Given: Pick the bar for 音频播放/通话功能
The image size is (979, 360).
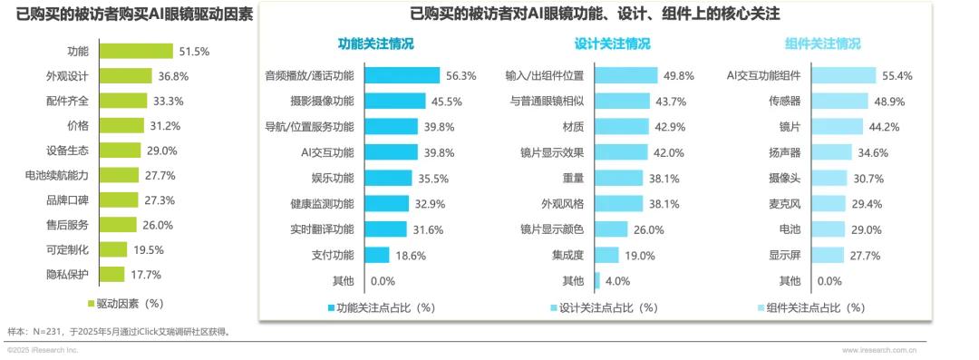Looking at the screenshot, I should coord(403,76).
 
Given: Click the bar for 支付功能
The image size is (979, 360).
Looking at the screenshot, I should coord(378,256).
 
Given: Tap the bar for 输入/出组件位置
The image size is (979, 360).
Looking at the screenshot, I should coord(626,76).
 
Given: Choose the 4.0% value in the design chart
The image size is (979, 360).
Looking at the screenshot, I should coord(617,281).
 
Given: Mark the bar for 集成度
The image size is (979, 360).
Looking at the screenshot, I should coord(607,256).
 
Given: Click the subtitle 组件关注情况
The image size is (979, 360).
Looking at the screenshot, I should coord(822,44).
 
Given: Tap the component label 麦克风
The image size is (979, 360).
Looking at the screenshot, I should coord(783,204).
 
